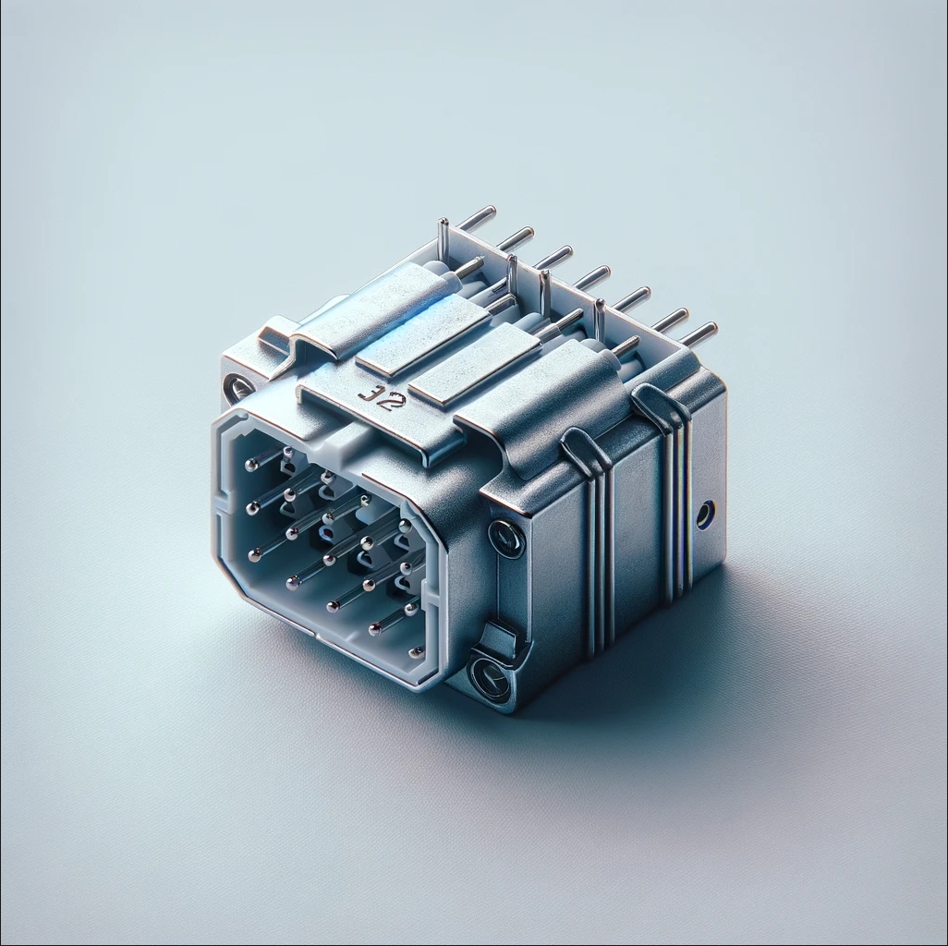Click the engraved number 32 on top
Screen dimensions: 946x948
[x=375, y=396]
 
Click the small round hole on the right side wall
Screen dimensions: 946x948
[x=705, y=514]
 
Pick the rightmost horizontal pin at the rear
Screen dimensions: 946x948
[x=699, y=333]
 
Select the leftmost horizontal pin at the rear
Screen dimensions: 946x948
[x=478, y=218]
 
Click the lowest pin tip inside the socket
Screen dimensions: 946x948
[x=374, y=631]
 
